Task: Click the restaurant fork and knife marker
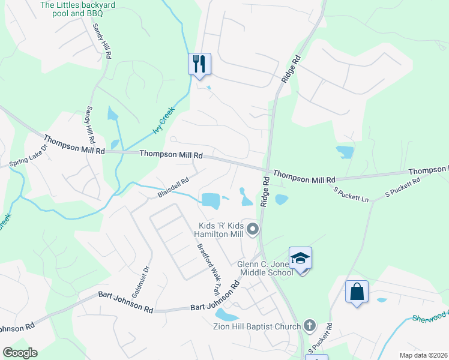pos(199,64)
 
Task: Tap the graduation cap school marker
pos(300,258)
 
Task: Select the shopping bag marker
pos(357,292)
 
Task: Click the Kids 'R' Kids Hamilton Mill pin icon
pos(253,229)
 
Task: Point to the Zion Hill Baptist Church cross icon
pos(309,326)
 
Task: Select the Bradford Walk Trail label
pos(207,269)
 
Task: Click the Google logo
pos(20,353)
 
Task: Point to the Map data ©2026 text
pos(423,355)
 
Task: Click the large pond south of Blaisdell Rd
pos(211,200)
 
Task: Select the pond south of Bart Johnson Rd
pos(226,314)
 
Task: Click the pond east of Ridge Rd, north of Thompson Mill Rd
pos(345,151)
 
